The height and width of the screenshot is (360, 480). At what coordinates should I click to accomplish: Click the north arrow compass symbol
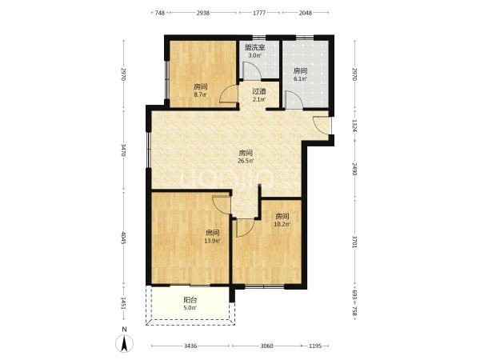coord(124,343)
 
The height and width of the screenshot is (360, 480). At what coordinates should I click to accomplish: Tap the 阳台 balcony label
coord(190,300)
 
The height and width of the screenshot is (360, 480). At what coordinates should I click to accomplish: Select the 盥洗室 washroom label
coord(254,48)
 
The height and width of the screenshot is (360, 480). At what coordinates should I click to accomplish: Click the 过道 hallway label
coord(259,91)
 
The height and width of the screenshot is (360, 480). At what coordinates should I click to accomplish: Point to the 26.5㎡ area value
coord(246,161)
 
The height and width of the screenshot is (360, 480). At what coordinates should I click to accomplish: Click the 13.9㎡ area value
coord(212,241)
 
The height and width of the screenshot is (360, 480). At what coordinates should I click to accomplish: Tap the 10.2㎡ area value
coord(282,224)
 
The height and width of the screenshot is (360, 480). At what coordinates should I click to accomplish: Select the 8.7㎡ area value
coord(201,94)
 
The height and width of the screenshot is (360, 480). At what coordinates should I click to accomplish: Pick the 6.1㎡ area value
coord(300,79)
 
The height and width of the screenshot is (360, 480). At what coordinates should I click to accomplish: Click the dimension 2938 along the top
coord(203,13)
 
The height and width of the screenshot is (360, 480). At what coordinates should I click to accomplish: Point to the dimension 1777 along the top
coord(259,13)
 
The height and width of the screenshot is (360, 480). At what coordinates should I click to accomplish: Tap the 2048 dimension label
coord(306,13)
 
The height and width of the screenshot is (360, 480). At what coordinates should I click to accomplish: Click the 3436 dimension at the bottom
coord(190,346)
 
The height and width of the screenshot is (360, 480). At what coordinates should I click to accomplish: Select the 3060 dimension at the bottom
coord(266,346)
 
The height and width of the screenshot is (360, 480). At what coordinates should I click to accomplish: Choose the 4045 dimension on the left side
coord(123,238)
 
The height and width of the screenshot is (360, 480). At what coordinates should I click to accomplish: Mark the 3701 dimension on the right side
coord(354,242)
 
